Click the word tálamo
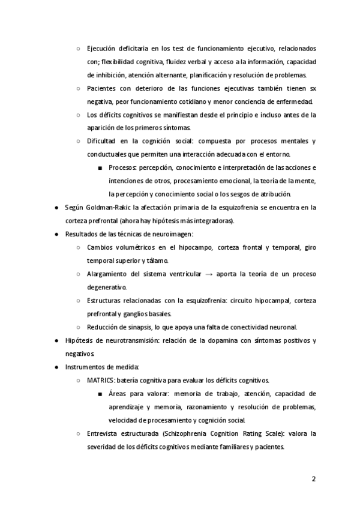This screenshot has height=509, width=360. (174, 261)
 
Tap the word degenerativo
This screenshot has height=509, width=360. (106, 288)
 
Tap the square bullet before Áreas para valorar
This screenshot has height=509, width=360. (99, 394)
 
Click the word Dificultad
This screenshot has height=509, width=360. (103, 141)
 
